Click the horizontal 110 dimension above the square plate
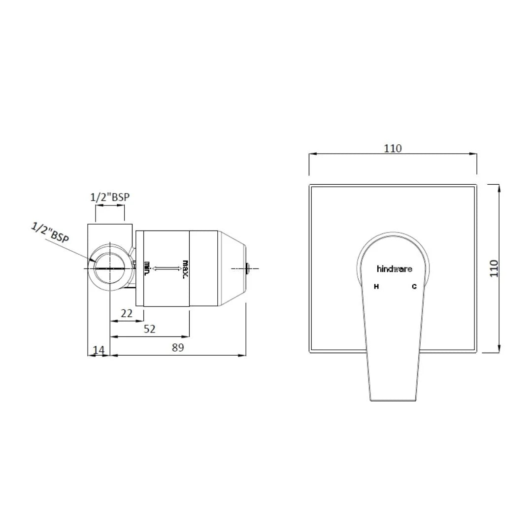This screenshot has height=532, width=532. click(x=393, y=148)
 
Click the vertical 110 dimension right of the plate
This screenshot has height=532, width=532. click(x=494, y=268)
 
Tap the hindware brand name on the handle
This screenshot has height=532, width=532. click(x=394, y=269)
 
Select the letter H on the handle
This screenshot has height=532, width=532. click(x=376, y=286)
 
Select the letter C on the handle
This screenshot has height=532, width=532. click(x=414, y=286)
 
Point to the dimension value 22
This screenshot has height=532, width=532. click(x=127, y=313)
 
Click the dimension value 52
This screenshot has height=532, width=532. click(x=149, y=329)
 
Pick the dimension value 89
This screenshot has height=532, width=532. click(x=178, y=347)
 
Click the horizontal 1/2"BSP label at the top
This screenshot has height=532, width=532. click(x=110, y=197)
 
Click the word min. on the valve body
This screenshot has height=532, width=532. click(x=147, y=269)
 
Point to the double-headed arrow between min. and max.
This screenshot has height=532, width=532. click(x=166, y=268)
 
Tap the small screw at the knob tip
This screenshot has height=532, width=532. click(x=250, y=268)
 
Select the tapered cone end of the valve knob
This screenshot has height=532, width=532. click(x=232, y=268)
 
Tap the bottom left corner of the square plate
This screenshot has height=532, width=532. click(x=309, y=352)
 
